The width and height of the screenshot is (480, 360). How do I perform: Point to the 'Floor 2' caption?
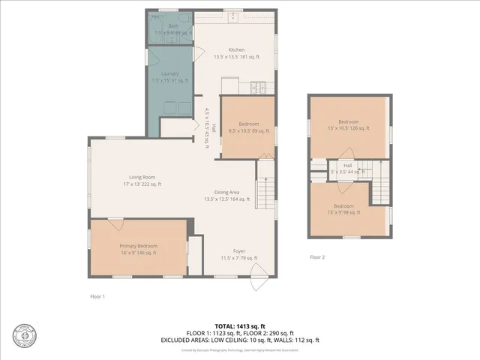[x=317, y=256]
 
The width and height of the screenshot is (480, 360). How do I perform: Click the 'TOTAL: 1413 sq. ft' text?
[x=240, y=326]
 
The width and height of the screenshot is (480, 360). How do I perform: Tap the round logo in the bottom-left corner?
[x=24, y=335]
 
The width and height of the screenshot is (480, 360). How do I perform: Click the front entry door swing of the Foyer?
[x=258, y=283]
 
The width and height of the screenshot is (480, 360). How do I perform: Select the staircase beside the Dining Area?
[x=264, y=193]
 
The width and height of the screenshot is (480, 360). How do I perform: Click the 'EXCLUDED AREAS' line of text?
[x=240, y=340]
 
